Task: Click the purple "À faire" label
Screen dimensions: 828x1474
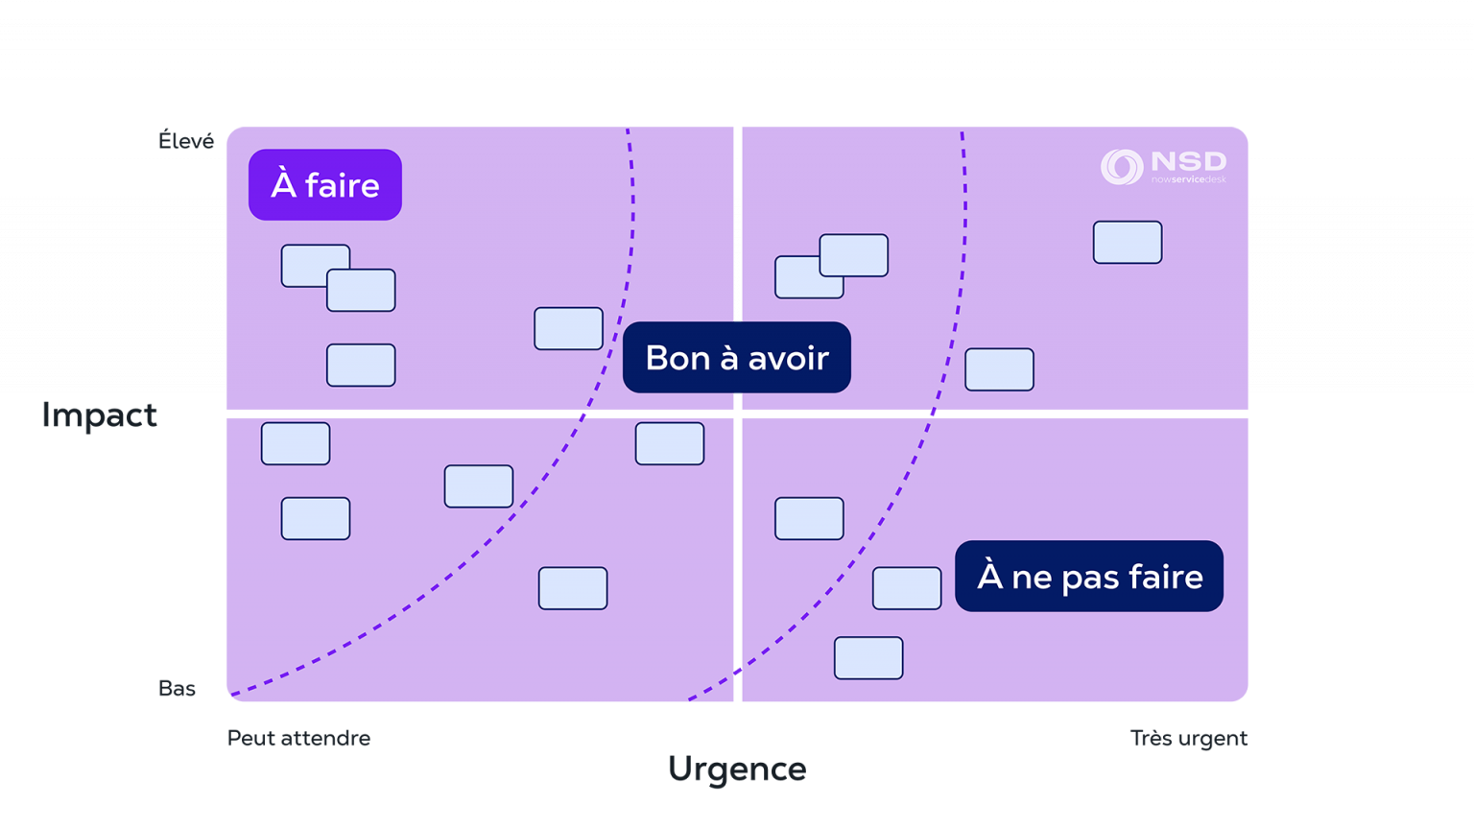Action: point(324,185)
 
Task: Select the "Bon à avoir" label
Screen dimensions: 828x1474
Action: point(736,358)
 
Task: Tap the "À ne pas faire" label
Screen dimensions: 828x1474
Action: point(1089,577)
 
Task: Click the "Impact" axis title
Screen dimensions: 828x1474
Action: point(99,415)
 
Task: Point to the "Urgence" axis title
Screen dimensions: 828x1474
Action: point(736,769)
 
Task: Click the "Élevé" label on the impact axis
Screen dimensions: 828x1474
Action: point(186,142)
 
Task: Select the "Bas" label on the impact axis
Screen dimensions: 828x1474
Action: point(177,689)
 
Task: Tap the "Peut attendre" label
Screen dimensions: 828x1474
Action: point(298,739)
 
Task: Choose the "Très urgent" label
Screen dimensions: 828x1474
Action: point(1188,739)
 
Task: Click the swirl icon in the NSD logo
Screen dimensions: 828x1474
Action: point(1121,167)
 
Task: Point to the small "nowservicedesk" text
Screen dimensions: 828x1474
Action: point(1188,179)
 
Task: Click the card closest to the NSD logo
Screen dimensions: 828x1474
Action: point(1128,243)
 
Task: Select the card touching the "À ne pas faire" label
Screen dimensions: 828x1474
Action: point(906,588)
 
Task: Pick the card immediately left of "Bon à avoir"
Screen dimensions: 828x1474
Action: point(568,329)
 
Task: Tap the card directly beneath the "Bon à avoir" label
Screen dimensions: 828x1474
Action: point(670,444)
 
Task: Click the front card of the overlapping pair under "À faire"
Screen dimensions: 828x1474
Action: point(361,291)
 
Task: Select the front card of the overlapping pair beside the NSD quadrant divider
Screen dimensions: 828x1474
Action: point(853,255)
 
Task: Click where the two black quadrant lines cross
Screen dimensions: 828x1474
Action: point(736,414)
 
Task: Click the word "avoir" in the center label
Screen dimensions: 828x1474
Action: point(788,358)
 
